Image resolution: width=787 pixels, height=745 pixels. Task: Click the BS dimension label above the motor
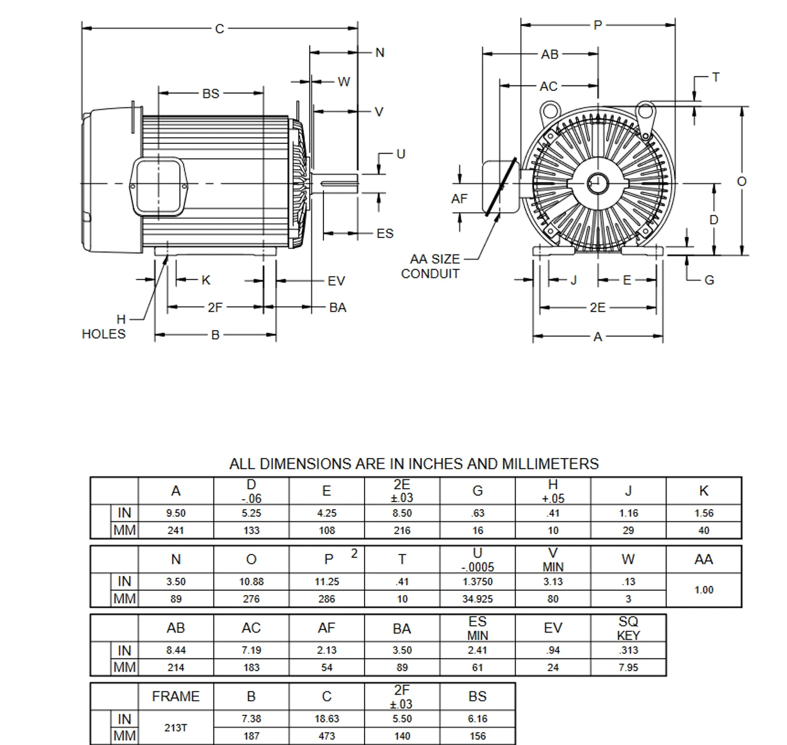click(x=210, y=93)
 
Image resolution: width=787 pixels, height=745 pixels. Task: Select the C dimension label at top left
click(x=219, y=28)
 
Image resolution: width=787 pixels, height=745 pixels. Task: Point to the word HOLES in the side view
click(x=103, y=334)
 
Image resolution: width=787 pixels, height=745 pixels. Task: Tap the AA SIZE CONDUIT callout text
click(x=432, y=267)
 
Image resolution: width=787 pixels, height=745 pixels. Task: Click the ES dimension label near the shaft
click(x=385, y=234)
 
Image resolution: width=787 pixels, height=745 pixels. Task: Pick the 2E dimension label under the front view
click(x=598, y=307)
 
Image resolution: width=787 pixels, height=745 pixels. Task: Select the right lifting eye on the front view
click(x=645, y=111)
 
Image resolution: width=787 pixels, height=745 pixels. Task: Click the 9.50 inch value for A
click(x=176, y=513)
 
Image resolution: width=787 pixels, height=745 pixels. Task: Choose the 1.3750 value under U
click(x=477, y=581)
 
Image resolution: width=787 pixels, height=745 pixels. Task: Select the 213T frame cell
click(x=176, y=727)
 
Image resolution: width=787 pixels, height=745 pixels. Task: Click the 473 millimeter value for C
click(x=326, y=736)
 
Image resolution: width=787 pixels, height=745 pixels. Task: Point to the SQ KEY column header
click(x=628, y=628)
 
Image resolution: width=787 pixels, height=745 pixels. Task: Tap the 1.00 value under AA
click(x=703, y=590)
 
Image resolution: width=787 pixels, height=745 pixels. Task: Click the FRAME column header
click(x=176, y=696)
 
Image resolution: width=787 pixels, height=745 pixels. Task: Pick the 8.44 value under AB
click(x=176, y=650)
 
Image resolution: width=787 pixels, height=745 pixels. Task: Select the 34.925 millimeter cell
click(x=477, y=599)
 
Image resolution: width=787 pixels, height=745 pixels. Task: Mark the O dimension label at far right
click(x=742, y=181)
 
